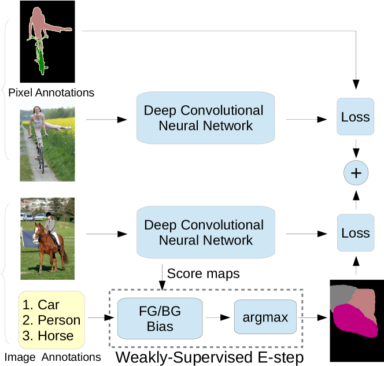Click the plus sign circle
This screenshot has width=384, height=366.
coord(356,173)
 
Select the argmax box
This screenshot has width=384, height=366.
coord(265,317)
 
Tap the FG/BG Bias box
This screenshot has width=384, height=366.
coord(160,319)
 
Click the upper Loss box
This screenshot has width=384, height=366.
coord(355,117)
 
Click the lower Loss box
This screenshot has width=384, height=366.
coord(356,232)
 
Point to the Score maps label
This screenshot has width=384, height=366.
coord(203,273)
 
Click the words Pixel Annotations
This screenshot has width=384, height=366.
coord(51,93)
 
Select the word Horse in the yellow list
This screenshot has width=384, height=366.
coord(56,335)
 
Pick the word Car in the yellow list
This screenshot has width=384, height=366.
coord(49,305)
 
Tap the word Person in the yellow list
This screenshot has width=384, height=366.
coord(59,320)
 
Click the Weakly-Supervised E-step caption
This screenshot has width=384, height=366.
coord(209,357)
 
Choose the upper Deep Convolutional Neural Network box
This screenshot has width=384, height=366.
coord(205,118)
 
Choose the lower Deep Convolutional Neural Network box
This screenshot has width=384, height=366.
coord(206,232)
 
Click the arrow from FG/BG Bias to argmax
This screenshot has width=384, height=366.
coord(217,317)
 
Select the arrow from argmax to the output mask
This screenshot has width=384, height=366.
coord(313,317)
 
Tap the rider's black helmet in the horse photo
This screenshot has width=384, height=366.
coord(49,215)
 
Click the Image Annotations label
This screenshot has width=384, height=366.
coord(53,357)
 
